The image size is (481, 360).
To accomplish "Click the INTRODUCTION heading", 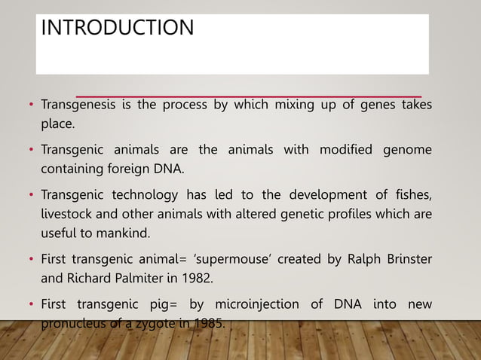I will point(117,29).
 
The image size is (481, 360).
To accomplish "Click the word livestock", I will point(67,213).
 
